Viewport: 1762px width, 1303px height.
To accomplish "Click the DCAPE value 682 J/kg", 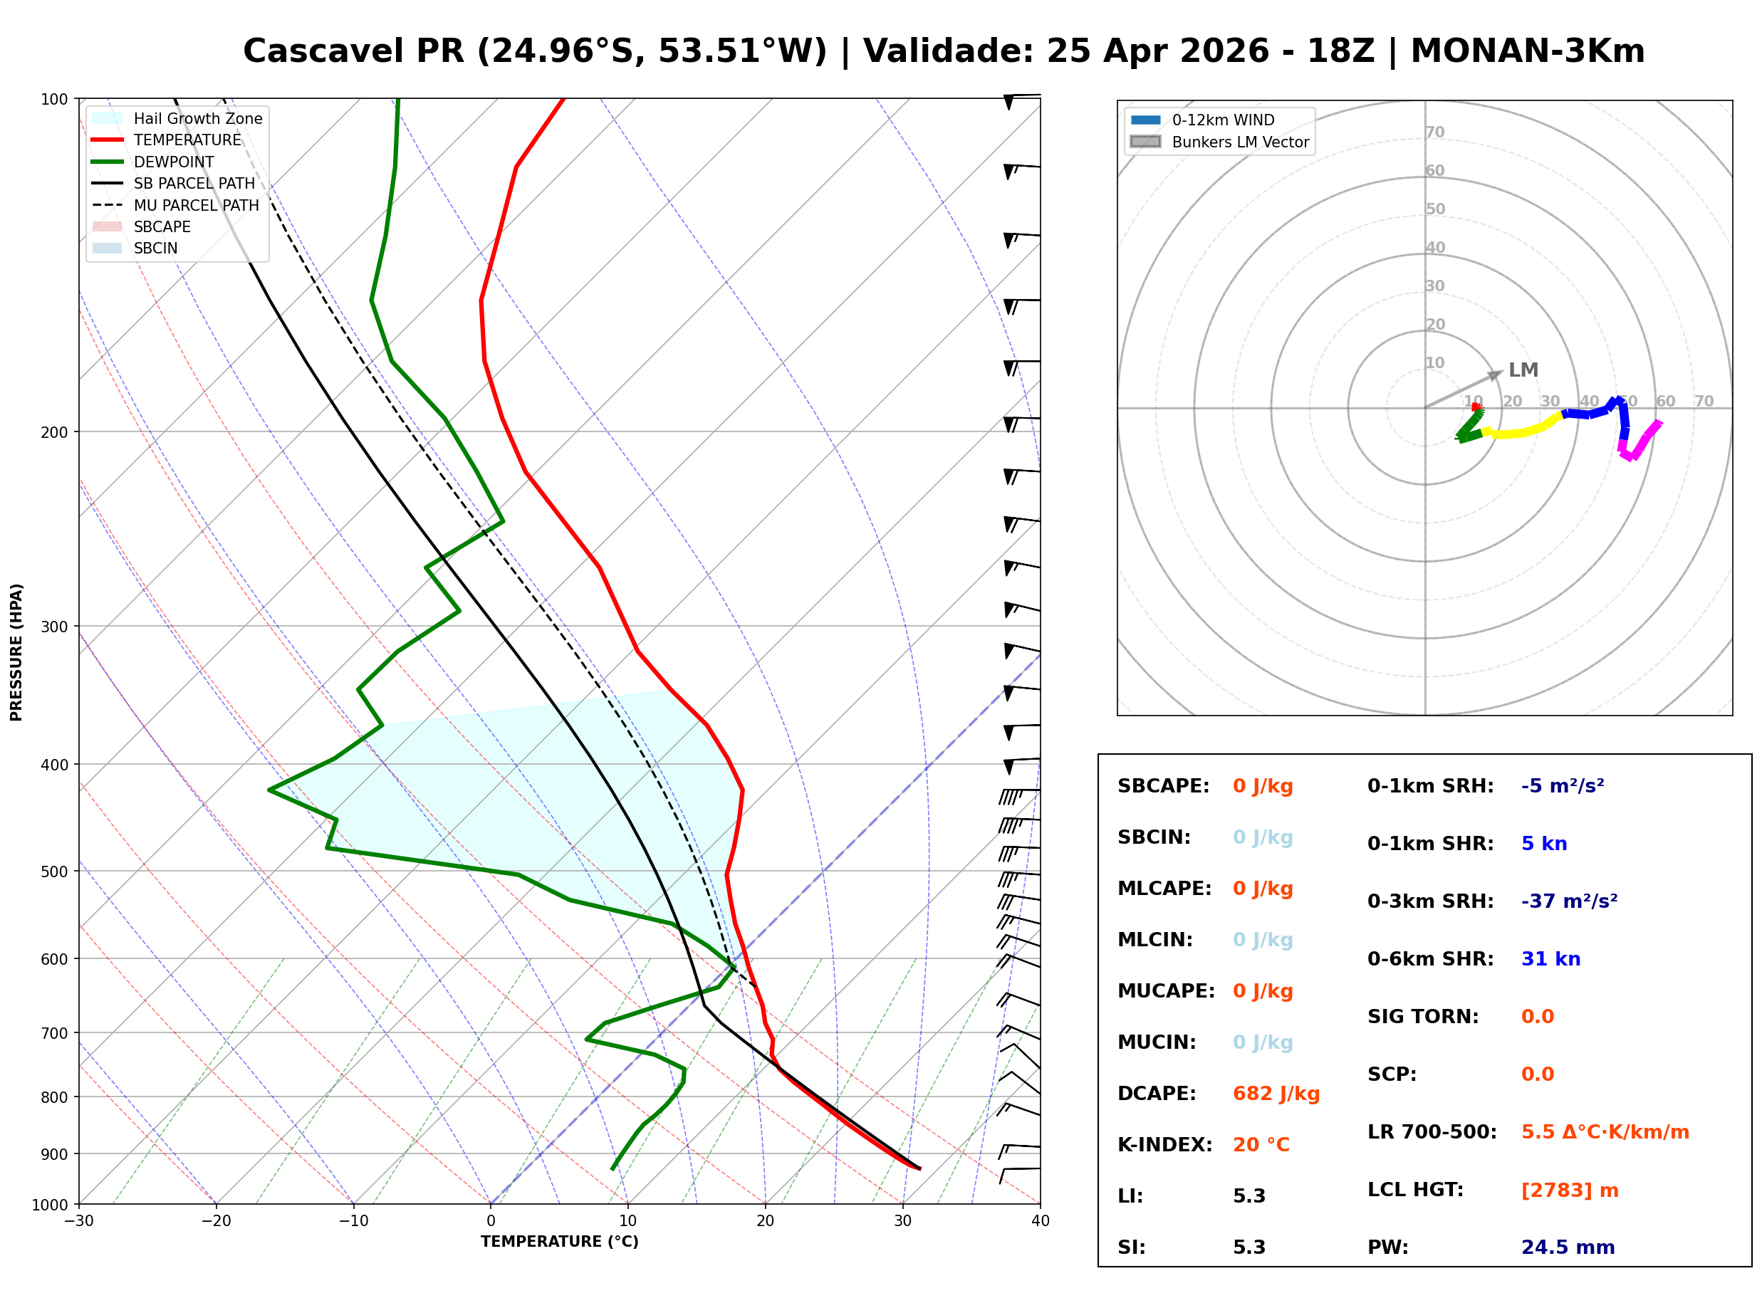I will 1276,1093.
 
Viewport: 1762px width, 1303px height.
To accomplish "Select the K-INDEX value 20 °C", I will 1261,1144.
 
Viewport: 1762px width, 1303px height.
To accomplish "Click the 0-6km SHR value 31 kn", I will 1550,958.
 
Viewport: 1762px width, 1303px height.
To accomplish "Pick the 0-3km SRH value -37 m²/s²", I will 1569,901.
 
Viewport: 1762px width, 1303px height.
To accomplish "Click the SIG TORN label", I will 1422,1016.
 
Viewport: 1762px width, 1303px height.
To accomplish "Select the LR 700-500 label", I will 1431,1132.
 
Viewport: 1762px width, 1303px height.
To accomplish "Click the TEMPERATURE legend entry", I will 187,140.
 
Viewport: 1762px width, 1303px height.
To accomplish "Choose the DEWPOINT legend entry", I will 174,162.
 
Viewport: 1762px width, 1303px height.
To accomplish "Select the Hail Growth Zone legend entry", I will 197,118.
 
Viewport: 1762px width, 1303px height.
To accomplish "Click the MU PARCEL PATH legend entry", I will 196,205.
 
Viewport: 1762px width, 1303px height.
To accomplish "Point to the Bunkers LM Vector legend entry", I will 1239,142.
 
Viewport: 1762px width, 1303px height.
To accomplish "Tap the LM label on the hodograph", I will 1522,370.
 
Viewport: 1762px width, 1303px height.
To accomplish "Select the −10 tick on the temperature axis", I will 353,1220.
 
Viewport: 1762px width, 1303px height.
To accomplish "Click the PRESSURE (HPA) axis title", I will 16,651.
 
